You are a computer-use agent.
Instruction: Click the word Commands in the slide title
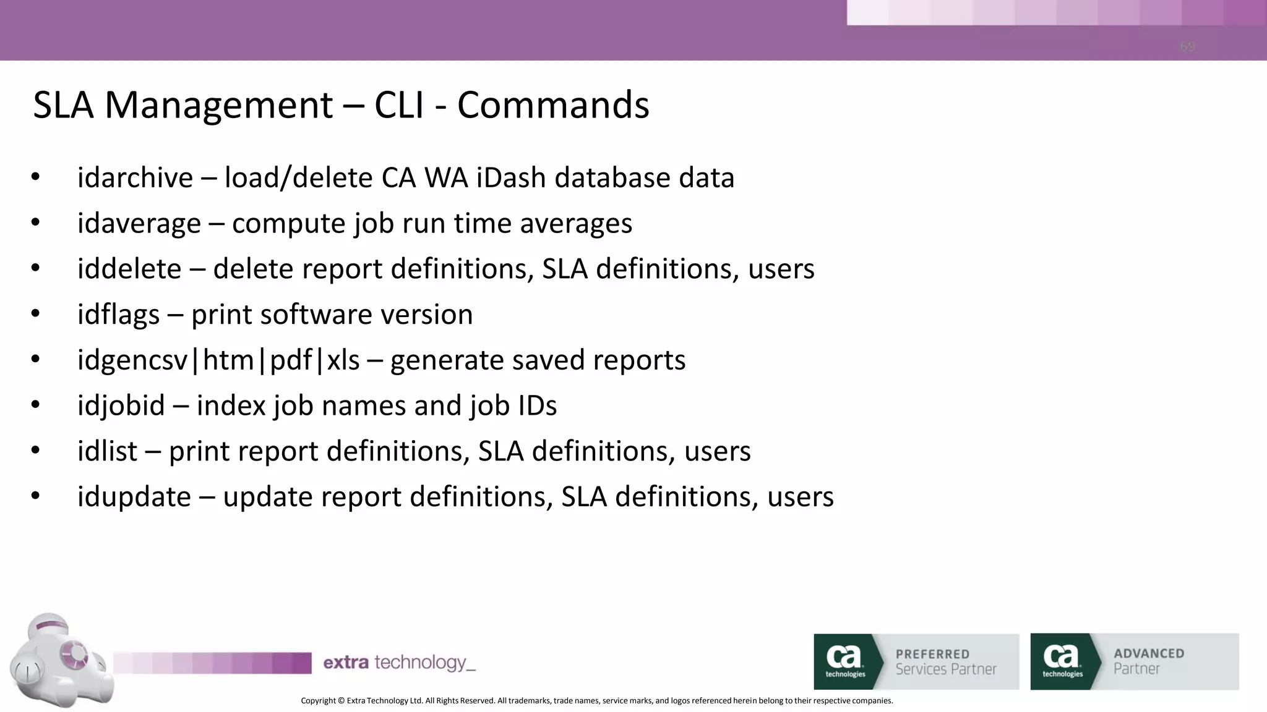tap(553, 105)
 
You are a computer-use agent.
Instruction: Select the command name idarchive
tap(135, 178)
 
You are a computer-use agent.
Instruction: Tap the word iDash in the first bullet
tap(511, 178)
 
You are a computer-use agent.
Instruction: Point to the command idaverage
tap(139, 224)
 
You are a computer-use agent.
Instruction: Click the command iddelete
tap(129, 269)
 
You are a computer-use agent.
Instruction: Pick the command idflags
tap(118, 315)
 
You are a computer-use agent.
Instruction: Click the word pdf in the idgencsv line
tap(291, 360)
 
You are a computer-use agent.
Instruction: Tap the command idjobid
tap(121, 406)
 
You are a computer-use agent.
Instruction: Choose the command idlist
tap(107, 452)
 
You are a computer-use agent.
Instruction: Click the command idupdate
tap(134, 498)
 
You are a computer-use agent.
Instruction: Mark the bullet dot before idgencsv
tap(35, 359)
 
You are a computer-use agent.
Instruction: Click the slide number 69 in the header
tap(1187, 47)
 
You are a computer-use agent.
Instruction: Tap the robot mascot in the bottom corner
tap(59, 661)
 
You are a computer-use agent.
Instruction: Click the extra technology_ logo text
tap(399, 663)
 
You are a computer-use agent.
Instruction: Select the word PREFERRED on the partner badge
tap(932, 654)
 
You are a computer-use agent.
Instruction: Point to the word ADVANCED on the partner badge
tap(1149, 653)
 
